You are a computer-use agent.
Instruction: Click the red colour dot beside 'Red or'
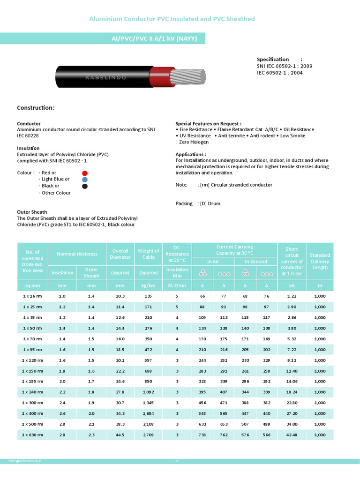(85, 173)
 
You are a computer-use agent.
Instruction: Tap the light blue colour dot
(85, 180)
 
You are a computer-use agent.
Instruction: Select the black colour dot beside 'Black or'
(85, 186)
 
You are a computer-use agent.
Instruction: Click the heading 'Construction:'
(36, 108)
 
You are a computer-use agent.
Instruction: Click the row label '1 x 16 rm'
(32, 296)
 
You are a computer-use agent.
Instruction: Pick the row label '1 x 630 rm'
(32, 435)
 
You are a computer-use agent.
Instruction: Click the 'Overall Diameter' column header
(120, 254)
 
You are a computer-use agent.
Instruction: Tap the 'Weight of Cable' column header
(149, 254)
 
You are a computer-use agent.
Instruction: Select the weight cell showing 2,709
(149, 435)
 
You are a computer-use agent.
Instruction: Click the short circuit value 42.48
(292, 435)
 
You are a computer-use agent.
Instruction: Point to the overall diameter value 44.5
(120, 435)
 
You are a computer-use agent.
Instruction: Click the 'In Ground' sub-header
(256, 262)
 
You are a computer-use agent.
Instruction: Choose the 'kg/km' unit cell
(149, 285)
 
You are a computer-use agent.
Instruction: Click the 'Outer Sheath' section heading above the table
(32, 212)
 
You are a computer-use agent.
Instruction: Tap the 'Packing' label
(184, 203)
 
